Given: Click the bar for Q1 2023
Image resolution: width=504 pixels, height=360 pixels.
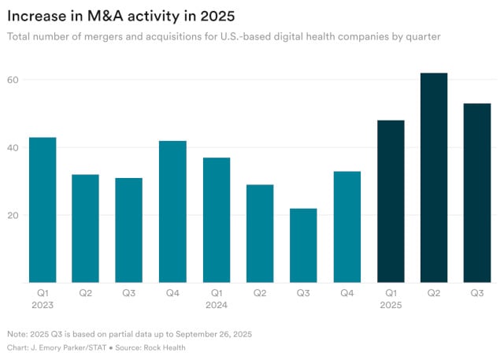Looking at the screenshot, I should [x=43, y=210].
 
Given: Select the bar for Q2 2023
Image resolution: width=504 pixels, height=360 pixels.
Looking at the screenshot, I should [x=86, y=228].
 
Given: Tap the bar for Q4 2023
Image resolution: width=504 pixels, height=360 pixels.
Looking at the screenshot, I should [x=172, y=211].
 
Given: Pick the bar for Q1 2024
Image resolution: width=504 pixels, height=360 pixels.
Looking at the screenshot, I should [x=217, y=220].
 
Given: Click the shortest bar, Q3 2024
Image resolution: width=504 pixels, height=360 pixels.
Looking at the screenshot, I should [x=303, y=245].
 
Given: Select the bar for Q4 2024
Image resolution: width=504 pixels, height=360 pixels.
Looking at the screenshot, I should [x=346, y=227].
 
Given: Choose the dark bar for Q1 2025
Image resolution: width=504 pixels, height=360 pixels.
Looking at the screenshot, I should [x=391, y=201].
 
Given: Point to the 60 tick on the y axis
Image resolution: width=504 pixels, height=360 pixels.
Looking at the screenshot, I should [x=13, y=80].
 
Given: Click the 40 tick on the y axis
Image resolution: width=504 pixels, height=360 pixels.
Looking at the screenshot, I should [x=13, y=147].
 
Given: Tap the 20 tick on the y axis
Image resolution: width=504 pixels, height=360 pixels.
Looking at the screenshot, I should [x=13, y=215].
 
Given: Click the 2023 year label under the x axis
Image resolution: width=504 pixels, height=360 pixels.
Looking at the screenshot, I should [x=43, y=303].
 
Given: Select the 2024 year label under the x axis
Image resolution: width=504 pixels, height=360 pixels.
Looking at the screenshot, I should [x=217, y=303].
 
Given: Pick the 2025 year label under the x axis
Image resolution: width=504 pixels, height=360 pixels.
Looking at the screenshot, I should [x=391, y=303].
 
